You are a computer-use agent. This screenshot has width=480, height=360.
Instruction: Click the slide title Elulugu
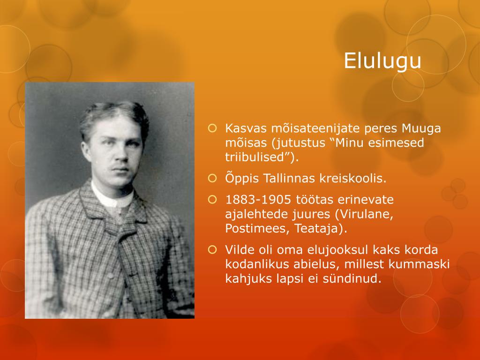382,60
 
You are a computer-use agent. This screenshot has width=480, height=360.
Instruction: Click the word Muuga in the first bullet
421,128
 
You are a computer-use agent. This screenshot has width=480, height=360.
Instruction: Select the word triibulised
257,157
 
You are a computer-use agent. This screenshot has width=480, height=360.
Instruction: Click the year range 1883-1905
258,200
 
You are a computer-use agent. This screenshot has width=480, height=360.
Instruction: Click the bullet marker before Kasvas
212,128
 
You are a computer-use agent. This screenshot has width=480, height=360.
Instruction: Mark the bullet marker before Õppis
212,178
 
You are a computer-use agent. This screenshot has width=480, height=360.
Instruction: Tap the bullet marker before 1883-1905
212,200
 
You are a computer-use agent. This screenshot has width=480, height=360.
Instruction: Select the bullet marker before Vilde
212,250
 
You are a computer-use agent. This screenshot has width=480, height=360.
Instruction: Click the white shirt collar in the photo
112,197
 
